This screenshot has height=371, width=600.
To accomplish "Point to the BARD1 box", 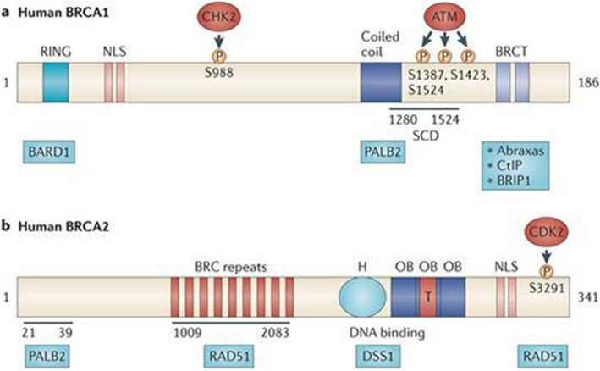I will coord(47,152).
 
